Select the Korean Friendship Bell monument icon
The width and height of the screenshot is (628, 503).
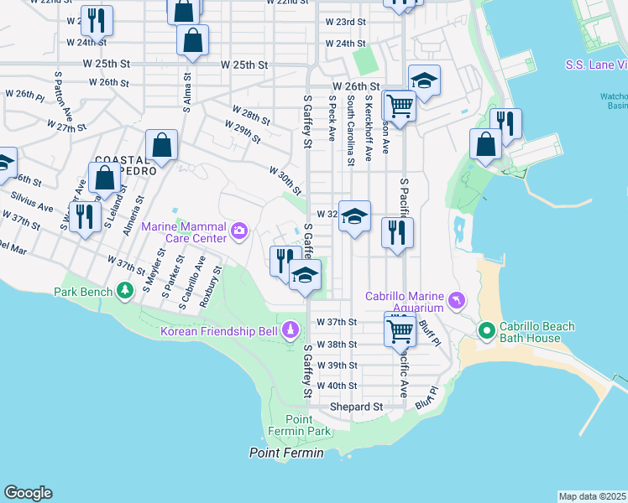coord(290,330)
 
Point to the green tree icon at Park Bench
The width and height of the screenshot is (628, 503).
coord(126,291)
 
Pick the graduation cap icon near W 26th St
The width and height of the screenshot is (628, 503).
coord(424,80)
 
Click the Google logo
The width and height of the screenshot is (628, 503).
coord(28,493)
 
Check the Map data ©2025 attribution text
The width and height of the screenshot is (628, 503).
coord(592,496)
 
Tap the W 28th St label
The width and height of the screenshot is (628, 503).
coord(250,114)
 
